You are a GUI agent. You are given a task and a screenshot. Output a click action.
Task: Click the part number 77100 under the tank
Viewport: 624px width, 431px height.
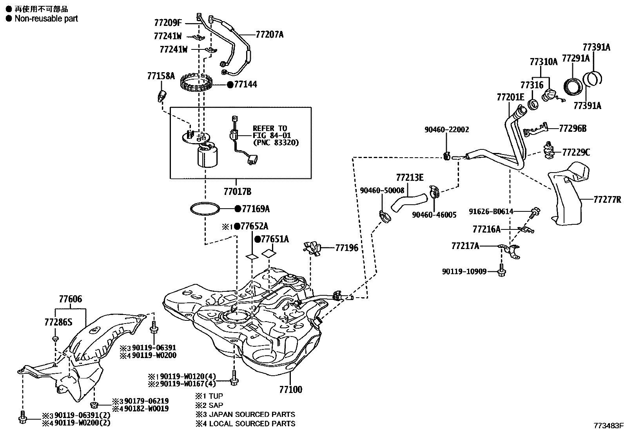tap(290, 389)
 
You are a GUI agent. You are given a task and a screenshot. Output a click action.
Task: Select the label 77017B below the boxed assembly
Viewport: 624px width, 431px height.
tap(237, 192)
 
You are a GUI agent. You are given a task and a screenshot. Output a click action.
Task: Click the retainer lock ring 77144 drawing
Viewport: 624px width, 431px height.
tap(196, 84)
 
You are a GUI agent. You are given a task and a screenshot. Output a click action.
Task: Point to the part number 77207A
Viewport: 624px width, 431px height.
tap(269, 35)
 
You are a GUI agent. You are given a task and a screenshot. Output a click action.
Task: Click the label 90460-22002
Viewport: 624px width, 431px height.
tap(447, 129)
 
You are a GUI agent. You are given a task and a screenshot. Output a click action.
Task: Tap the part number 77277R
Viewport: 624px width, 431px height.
tap(607, 200)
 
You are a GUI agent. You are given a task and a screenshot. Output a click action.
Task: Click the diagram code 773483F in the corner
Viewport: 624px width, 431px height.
tap(608, 425)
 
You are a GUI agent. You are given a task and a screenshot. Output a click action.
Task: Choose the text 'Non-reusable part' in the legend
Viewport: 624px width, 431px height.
tap(46, 18)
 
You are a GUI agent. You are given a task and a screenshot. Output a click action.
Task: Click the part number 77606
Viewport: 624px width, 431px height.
tap(71, 299)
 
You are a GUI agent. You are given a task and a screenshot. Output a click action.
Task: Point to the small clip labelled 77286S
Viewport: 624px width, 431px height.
tap(55, 338)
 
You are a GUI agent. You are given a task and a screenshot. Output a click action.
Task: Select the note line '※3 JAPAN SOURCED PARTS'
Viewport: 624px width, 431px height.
tap(245, 414)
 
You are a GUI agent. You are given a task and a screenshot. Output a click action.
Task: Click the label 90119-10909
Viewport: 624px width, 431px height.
tap(464, 271)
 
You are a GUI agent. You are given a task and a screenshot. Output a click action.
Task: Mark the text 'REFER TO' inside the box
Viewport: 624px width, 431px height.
tap(270, 128)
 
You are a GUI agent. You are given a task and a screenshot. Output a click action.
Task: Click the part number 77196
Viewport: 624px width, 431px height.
tap(346, 248)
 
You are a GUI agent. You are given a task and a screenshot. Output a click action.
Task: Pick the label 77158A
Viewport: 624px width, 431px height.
tap(161, 76)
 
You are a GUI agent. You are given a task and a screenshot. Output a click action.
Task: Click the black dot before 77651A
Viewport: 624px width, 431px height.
tap(258, 239)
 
